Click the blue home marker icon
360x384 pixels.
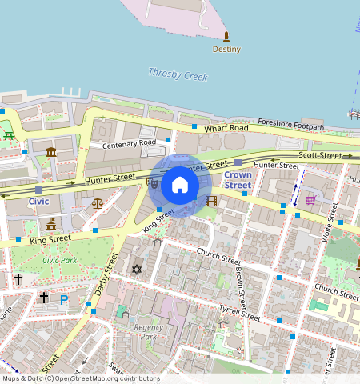click(x=180, y=186)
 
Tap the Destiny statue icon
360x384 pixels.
click(x=226, y=37)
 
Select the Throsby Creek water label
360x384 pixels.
click(x=178, y=74)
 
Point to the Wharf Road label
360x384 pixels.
click(x=227, y=128)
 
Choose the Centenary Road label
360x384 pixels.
click(x=122, y=144)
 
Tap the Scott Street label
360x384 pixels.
click(x=319, y=154)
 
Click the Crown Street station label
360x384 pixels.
click(x=238, y=179)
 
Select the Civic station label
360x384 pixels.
click(x=38, y=202)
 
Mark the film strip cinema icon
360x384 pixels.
click(x=211, y=201)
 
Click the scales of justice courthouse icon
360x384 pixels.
click(x=98, y=204)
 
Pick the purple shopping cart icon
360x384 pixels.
click(x=310, y=200)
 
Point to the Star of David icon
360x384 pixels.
click(x=136, y=270)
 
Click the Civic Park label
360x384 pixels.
click(x=60, y=260)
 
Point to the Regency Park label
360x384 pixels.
click(x=148, y=331)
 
